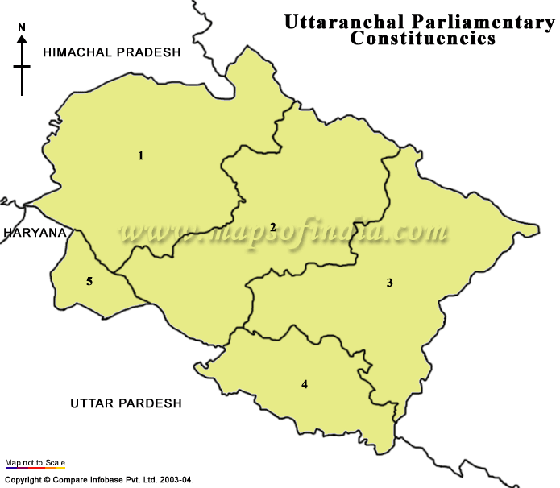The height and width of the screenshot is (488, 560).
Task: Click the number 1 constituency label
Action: pyautogui.click(x=141, y=155)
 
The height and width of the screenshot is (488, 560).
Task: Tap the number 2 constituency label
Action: pyautogui.click(x=273, y=228)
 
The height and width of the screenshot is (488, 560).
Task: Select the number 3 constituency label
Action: pyautogui.click(x=389, y=283)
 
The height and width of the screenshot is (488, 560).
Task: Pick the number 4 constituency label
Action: pyautogui.click(x=304, y=384)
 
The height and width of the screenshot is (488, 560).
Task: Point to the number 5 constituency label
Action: pyautogui.click(x=89, y=281)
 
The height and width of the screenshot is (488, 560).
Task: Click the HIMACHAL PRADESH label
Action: pyautogui.click(x=112, y=52)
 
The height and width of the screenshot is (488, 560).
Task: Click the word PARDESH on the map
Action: pyautogui.click(x=151, y=403)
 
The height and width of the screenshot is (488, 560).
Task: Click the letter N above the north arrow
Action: pyautogui.click(x=22, y=28)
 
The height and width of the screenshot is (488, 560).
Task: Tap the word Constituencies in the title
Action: pyautogui.click(x=423, y=38)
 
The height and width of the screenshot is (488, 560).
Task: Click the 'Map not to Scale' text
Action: pyautogui.click(x=35, y=462)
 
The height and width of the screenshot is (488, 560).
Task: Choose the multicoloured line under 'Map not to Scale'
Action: pyautogui.click(x=35, y=469)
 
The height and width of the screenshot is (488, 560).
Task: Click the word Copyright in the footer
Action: pyautogui.click(x=23, y=480)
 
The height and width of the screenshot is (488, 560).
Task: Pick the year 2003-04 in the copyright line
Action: pyautogui.click(x=176, y=480)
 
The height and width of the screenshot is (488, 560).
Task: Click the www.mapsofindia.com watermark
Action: pyautogui.click(x=282, y=234)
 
